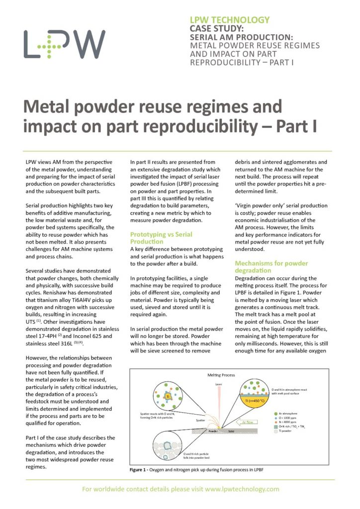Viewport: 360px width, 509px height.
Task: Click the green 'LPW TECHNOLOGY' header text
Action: [230, 20]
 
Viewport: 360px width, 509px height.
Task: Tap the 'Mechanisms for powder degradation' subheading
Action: [271, 267]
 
